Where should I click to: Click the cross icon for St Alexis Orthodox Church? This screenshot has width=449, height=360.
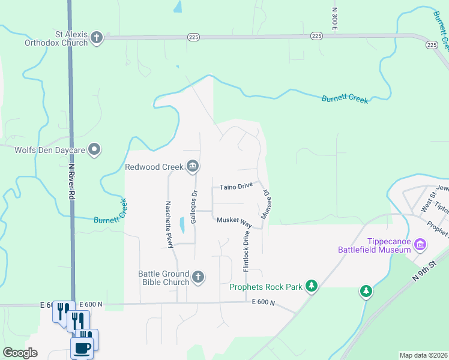pos(96,38)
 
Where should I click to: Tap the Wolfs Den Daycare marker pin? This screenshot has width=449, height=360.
pos(94,149)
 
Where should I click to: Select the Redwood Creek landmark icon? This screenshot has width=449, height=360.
pos(192,166)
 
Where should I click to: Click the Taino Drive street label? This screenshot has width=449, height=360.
pos(235,187)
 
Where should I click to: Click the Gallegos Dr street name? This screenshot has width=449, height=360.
pos(194,207)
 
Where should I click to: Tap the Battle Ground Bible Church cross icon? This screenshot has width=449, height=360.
pos(198,278)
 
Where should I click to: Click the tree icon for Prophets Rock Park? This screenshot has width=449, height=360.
pos(311,286)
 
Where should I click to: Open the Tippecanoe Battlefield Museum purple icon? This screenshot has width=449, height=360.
pos(420,245)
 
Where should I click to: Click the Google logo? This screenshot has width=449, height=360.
pos(20,353)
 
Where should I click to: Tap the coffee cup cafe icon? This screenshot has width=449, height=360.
pos(82,348)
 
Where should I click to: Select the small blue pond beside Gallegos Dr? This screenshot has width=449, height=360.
pos(181,225)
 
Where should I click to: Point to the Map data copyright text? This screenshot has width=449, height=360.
pos(423,355)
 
